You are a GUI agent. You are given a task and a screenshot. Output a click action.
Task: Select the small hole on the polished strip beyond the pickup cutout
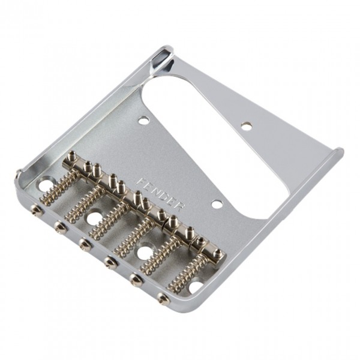point(245,125)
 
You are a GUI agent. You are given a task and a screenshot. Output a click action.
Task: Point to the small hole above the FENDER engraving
point(143,121)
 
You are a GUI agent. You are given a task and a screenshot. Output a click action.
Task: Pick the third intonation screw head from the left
point(83,243)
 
